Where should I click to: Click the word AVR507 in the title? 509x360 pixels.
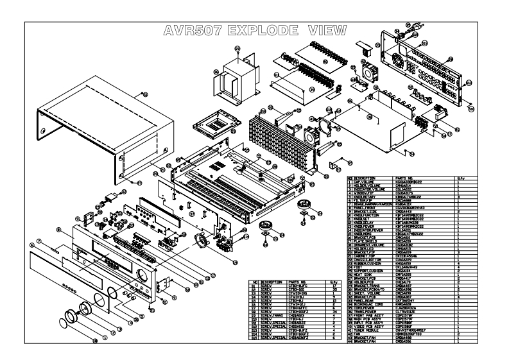[x=192, y=31]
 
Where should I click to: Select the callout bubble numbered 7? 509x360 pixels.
[x=38, y=241]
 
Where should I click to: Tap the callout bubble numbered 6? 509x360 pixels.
[x=31, y=246]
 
